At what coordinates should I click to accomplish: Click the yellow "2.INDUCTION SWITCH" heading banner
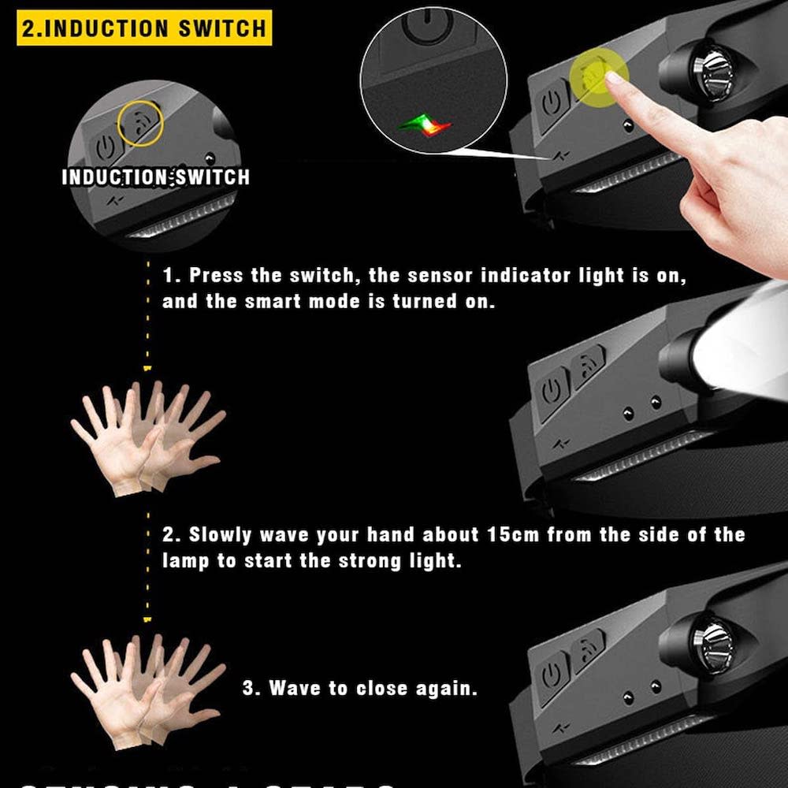coord(143,28)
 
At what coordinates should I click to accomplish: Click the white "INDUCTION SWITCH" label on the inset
coord(155,177)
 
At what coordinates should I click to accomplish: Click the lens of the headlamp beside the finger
coord(711,72)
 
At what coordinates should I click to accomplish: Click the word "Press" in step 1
coord(216,277)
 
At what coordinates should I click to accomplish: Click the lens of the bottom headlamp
coord(711,634)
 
